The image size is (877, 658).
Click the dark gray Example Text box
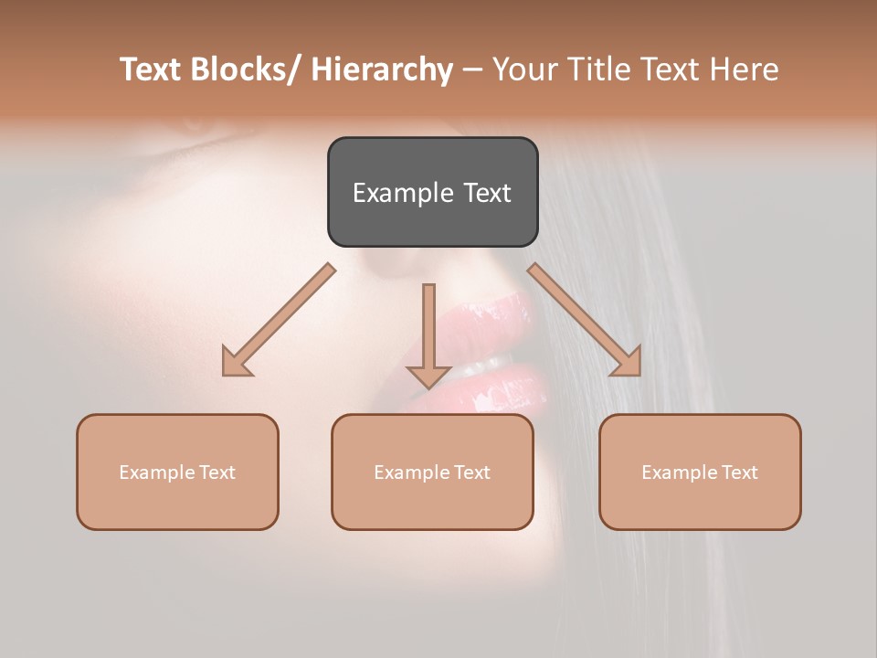[x=432, y=192]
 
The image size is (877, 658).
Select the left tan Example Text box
[x=177, y=472]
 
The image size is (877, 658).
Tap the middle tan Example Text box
[x=432, y=472]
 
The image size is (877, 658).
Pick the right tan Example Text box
[x=700, y=472]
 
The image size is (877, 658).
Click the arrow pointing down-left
[x=279, y=321]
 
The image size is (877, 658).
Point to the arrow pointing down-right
[x=585, y=320]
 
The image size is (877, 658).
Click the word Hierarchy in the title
[x=382, y=69]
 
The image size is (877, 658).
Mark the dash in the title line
[x=472, y=70]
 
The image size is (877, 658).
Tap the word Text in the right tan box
[x=740, y=472]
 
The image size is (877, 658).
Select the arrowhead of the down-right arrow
[x=628, y=362]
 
